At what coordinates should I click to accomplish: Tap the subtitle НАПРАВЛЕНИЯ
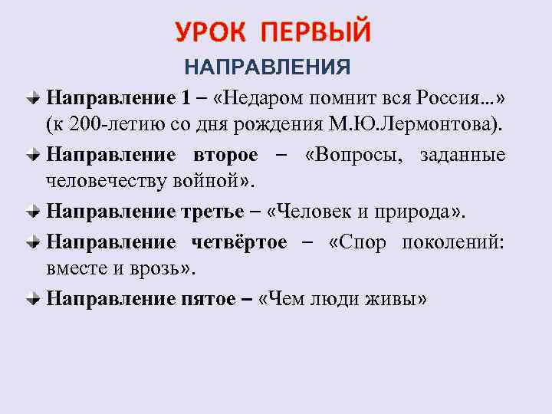266,67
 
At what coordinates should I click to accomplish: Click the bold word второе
222,154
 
